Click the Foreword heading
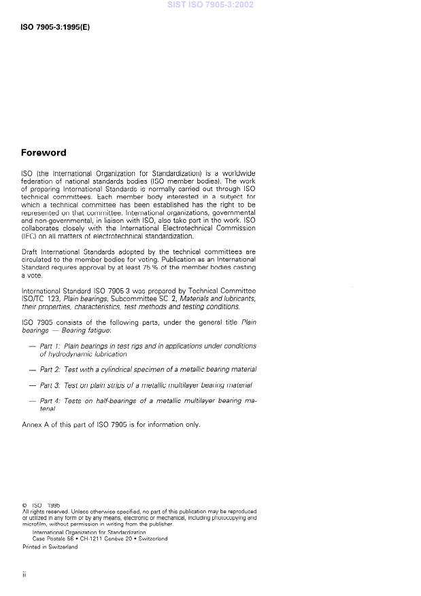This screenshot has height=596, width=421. tap(44, 153)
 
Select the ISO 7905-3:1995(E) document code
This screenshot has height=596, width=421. tap(55, 27)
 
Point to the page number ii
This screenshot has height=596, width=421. tap(24, 575)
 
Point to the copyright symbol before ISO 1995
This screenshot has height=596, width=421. tap(24, 506)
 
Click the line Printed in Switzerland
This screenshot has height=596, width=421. tap(50, 546)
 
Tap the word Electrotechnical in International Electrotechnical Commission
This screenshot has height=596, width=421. tap(169, 228)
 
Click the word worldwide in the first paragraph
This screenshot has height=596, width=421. tap(237, 173)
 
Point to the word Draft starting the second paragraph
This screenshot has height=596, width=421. tap(29, 251)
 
